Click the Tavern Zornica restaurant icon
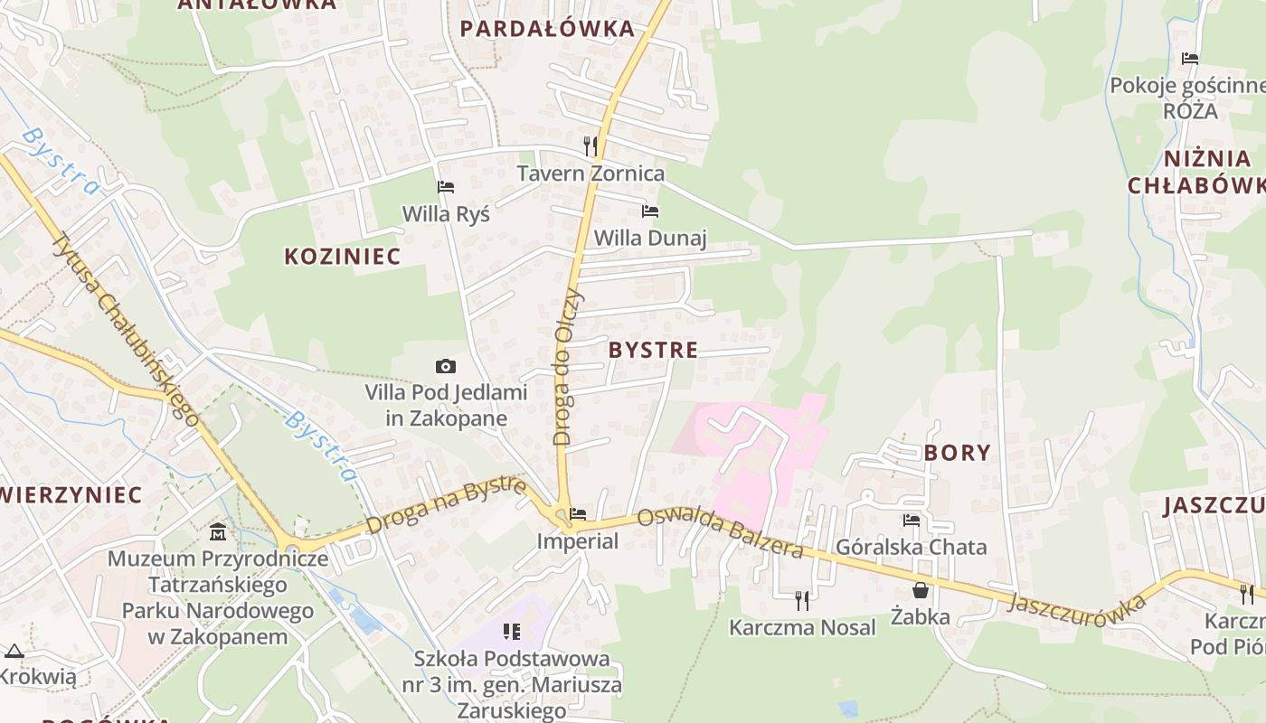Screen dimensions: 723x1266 [x=590, y=145]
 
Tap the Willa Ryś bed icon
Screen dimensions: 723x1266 [x=446, y=187]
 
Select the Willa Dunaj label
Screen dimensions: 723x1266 [x=649, y=238]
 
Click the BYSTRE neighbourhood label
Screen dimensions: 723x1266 [x=653, y=351]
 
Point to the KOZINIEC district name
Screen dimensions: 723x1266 [x=342, y=257]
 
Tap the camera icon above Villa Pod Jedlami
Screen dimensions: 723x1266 [x=446, y=366]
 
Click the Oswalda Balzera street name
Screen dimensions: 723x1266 [x=720, y=533]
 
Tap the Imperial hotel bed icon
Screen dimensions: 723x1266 [x=578, y=514]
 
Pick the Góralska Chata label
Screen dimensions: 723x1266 [x=911, y=547]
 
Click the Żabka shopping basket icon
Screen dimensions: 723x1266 [x=921, y=590]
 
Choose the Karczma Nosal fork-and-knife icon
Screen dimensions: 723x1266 [x=801, y=599]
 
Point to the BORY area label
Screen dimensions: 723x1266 [x=957, y=453]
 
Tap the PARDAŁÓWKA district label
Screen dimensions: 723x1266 [x=547, y=29]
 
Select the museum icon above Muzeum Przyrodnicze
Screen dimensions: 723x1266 [x=218, y=531]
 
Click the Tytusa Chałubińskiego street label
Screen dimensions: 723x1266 [x=126, y=329]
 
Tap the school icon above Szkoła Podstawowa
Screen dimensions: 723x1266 [x=512, y=631]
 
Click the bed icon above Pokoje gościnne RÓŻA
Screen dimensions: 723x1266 [x=1190, y=59]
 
